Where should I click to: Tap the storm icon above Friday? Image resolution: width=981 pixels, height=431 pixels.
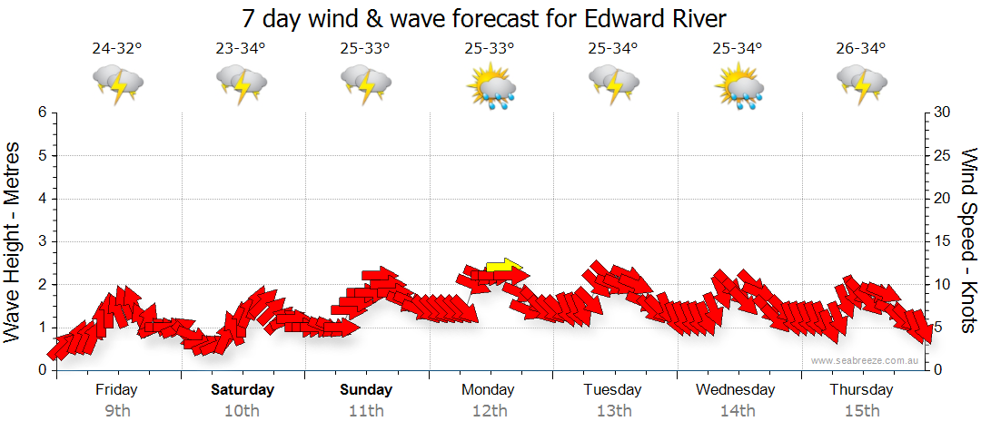point(118,86)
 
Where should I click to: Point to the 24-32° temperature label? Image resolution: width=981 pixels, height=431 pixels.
point(117,49)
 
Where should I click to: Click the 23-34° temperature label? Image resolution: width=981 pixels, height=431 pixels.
point(242,49)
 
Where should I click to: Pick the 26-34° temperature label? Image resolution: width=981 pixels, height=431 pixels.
point(861,49)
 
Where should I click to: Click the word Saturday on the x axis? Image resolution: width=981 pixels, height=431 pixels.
point(243,390)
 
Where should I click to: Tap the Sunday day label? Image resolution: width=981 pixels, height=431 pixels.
point(366,390)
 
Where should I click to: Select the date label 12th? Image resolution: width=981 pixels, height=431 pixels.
point(490,411)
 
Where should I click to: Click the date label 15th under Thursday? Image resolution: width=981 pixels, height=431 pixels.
point(861,411)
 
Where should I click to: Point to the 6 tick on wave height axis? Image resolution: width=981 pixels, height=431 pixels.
point(42,113)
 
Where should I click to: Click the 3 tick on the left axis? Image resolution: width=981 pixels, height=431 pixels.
point(42,241)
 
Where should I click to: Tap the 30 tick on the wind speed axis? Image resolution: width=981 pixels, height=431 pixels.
point(944,113)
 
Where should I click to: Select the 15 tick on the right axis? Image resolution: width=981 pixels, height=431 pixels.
point(944,241)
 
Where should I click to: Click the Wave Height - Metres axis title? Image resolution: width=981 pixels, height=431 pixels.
point(15,241)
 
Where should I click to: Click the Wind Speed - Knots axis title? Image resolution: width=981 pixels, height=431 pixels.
point(968,241)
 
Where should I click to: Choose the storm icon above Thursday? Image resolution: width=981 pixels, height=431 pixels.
point(861,86)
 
